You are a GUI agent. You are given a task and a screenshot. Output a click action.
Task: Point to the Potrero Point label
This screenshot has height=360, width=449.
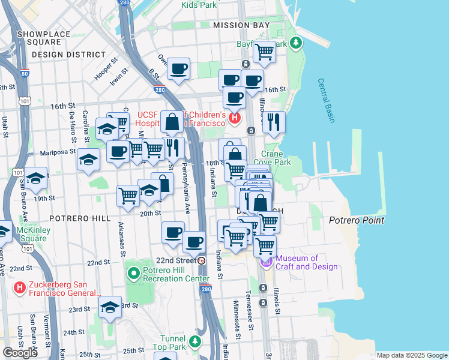pyautogui.click(x=357, y=220)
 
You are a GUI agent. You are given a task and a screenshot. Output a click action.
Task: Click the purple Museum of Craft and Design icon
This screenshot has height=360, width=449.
pyautogui.click(x=266, y=262)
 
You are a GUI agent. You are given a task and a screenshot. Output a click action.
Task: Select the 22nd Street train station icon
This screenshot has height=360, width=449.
pyautogui.click(x=202, y=260)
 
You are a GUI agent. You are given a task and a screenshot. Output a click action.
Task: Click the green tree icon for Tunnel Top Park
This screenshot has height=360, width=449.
pyautogui.click(x=194, y=341)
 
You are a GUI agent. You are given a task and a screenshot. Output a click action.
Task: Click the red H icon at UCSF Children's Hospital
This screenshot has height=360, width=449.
pyautogui.click(x=234, y=118)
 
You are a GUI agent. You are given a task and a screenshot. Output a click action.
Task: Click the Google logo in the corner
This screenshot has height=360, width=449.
pyautogui.click(x=20, y=353)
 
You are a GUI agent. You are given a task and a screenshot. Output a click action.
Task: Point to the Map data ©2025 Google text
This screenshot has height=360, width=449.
pyautogui.click(x=411, y=355)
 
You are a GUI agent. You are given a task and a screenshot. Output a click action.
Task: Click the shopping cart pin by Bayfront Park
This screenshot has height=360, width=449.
pyautogui.click(x=264, y=52)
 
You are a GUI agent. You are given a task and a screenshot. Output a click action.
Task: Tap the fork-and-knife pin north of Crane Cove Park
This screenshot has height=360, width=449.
pyautogui.click(x=274, y=122)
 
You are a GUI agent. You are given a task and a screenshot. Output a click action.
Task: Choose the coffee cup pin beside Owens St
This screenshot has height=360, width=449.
pyautogui.click(x=178, y=69)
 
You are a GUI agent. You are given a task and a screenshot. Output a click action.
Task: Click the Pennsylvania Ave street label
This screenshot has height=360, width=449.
pyautogui.click(x=186, y=188)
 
